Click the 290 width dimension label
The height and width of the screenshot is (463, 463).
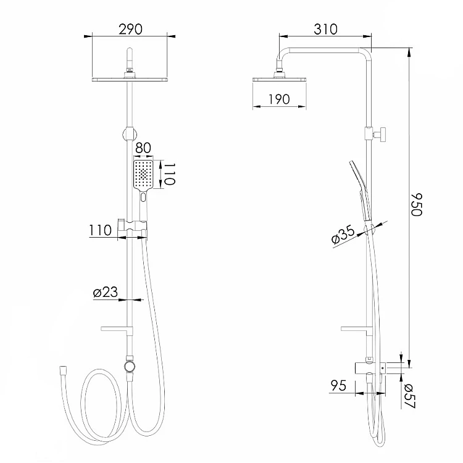click(x=130, y=29)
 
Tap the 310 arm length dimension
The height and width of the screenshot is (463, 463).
click(x=325, y=29)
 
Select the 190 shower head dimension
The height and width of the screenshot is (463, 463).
click(x=279, y=99)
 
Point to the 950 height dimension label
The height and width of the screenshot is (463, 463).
click(x=417, y=204)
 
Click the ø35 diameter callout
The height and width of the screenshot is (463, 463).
click(x=343, y=235)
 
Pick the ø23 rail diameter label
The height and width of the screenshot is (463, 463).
click(x=105, y=292)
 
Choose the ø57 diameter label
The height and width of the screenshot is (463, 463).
click(x=410, y=396)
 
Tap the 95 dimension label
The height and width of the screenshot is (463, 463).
click(x=338, y=386)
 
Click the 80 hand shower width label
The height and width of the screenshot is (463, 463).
click(x=143, y=148)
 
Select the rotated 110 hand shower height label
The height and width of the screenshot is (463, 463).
click(x=170, y=174)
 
